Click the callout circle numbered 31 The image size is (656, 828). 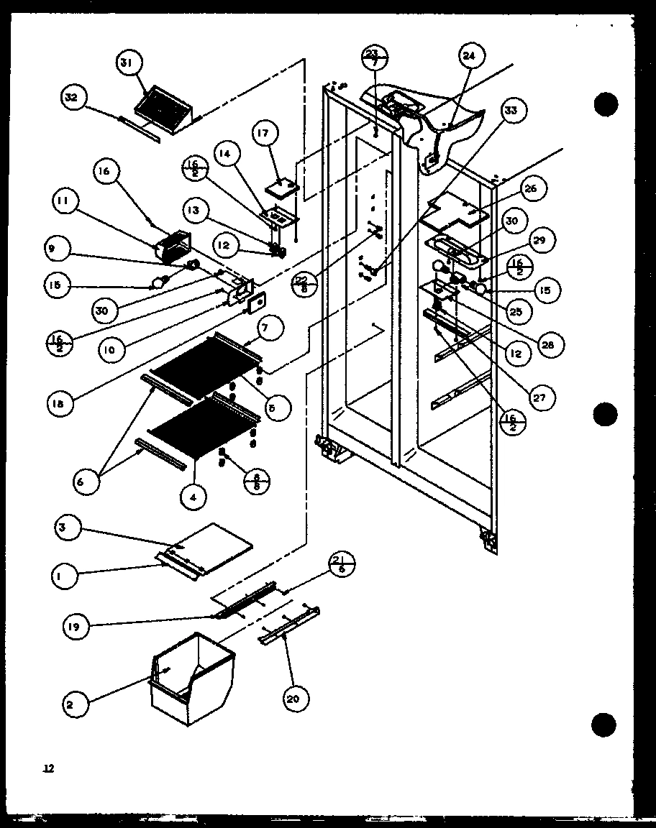tap(127, 65)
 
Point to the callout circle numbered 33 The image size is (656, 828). tap(511, 111)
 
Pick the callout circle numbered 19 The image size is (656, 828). tap(76, 627)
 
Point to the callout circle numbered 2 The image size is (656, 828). tap(69, 704)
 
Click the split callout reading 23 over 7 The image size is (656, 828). tap(374, 58)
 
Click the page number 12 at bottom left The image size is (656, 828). tap(48, 769)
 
